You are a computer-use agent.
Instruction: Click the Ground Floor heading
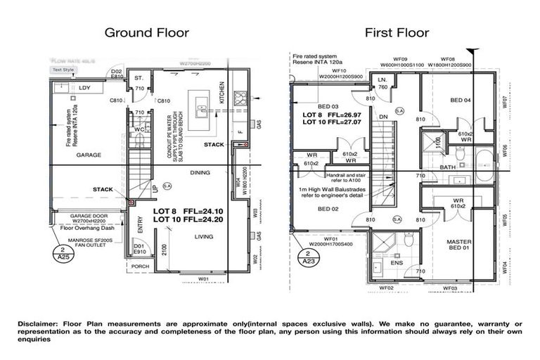[145, 32]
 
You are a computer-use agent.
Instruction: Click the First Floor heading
[396, 32]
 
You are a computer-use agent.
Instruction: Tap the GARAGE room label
[89, 155]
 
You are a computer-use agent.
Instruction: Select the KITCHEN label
[221, 94]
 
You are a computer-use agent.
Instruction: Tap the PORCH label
[140, 266]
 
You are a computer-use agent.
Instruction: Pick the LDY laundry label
[85, 88]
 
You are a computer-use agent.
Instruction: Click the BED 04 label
[461, 101]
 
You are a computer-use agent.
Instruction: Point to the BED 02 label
[329, 209]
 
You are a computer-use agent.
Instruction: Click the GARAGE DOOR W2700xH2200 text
[84, 218]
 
